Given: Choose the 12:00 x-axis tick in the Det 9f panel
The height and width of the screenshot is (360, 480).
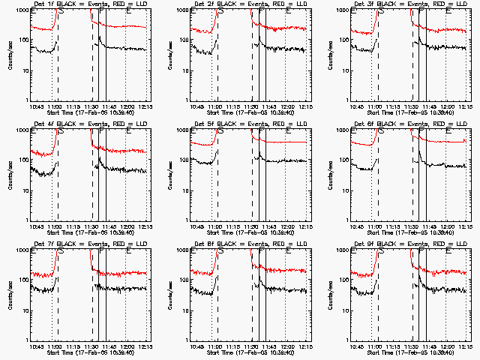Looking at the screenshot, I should tap(448, 347).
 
